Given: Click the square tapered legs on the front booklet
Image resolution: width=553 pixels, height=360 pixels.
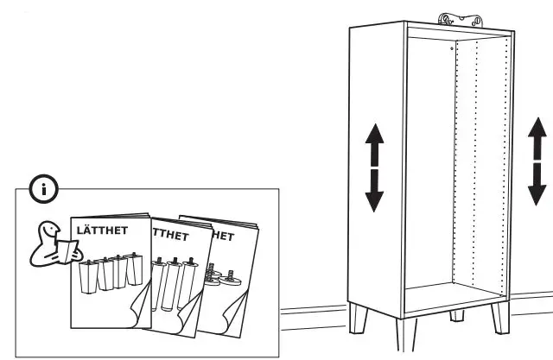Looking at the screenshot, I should click(x=108, y=274).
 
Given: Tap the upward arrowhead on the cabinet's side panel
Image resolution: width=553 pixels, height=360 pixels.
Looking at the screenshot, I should click(x=373, y=136).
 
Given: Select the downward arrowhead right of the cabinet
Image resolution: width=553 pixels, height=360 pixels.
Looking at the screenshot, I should click(x=537, y=187).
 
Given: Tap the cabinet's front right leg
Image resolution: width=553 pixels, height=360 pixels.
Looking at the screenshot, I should click(x=499, y=319).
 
